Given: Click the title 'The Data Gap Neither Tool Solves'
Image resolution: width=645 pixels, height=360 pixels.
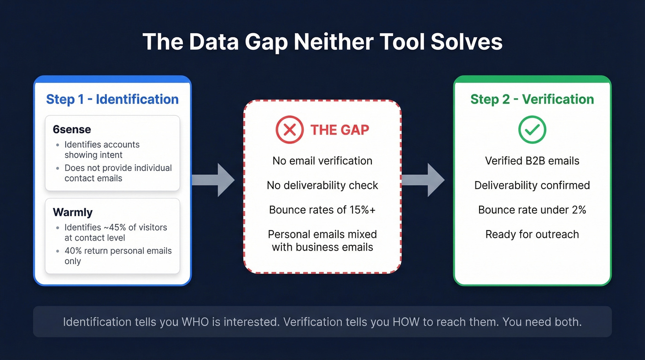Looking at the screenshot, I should coord(322,42).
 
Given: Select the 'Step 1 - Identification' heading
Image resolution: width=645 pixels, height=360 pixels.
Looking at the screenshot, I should coord(112,99).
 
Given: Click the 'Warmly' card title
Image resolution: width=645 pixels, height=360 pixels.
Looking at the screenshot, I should coord(73,212).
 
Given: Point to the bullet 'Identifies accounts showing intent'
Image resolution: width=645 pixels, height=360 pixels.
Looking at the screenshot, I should coord(102,150).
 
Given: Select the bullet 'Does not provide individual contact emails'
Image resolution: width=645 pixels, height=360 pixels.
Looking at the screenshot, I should coord(118,173).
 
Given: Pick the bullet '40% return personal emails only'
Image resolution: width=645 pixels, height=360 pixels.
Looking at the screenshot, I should coord(118,256).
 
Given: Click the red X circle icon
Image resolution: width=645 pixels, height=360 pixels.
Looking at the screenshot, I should coord(289,130).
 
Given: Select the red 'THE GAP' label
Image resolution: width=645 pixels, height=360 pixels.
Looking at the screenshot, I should coord(340,130).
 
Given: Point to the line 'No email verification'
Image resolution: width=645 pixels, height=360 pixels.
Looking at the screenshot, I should coord(322,161).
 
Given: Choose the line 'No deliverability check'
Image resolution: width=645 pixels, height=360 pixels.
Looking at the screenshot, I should coord(322,185).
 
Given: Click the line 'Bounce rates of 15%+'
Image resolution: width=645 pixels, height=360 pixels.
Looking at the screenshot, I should coord(322,210).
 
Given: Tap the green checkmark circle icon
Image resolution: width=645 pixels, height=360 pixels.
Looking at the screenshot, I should coord(532,130).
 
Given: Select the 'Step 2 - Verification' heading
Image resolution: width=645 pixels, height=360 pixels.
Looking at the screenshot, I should coord(532,99).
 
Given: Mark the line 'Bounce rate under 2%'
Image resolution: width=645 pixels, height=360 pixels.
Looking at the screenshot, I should coord(532,210).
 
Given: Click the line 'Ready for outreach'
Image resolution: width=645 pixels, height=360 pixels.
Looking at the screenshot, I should coord(532,234).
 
